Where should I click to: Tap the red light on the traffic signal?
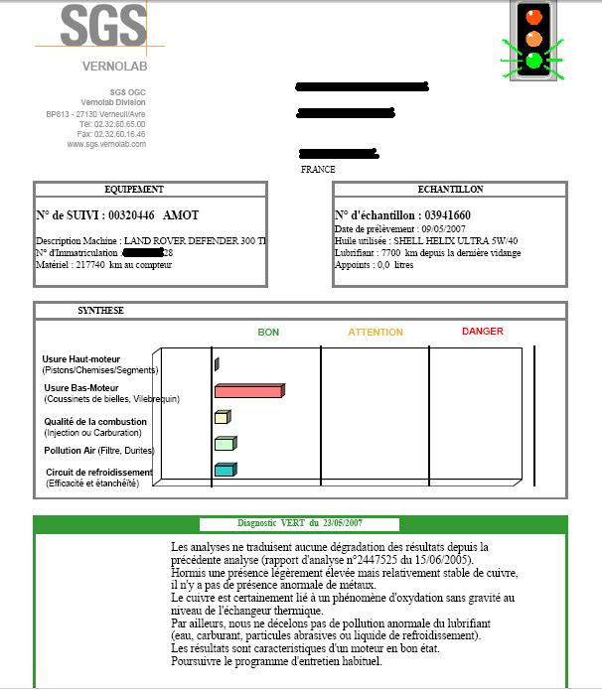(x=534, y=15)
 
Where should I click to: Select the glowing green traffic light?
(x=534, y=61)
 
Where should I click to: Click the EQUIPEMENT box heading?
(x=134, y=190)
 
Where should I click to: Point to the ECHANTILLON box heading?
(x=450, y=190)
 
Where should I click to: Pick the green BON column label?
(x=268, y=332)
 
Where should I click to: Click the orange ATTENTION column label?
(x=375, y=332)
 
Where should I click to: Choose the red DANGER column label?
(x=482, y=332)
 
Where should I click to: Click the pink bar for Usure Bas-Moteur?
(x=249, y=391)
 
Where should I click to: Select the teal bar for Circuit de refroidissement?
(x=225, y=470)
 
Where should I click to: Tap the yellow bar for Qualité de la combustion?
(x=222, y=418)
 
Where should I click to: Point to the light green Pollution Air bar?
(x=225, y=444)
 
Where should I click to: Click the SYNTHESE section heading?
(x=100, y=311)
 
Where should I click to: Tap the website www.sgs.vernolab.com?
(x=106, y=144)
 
